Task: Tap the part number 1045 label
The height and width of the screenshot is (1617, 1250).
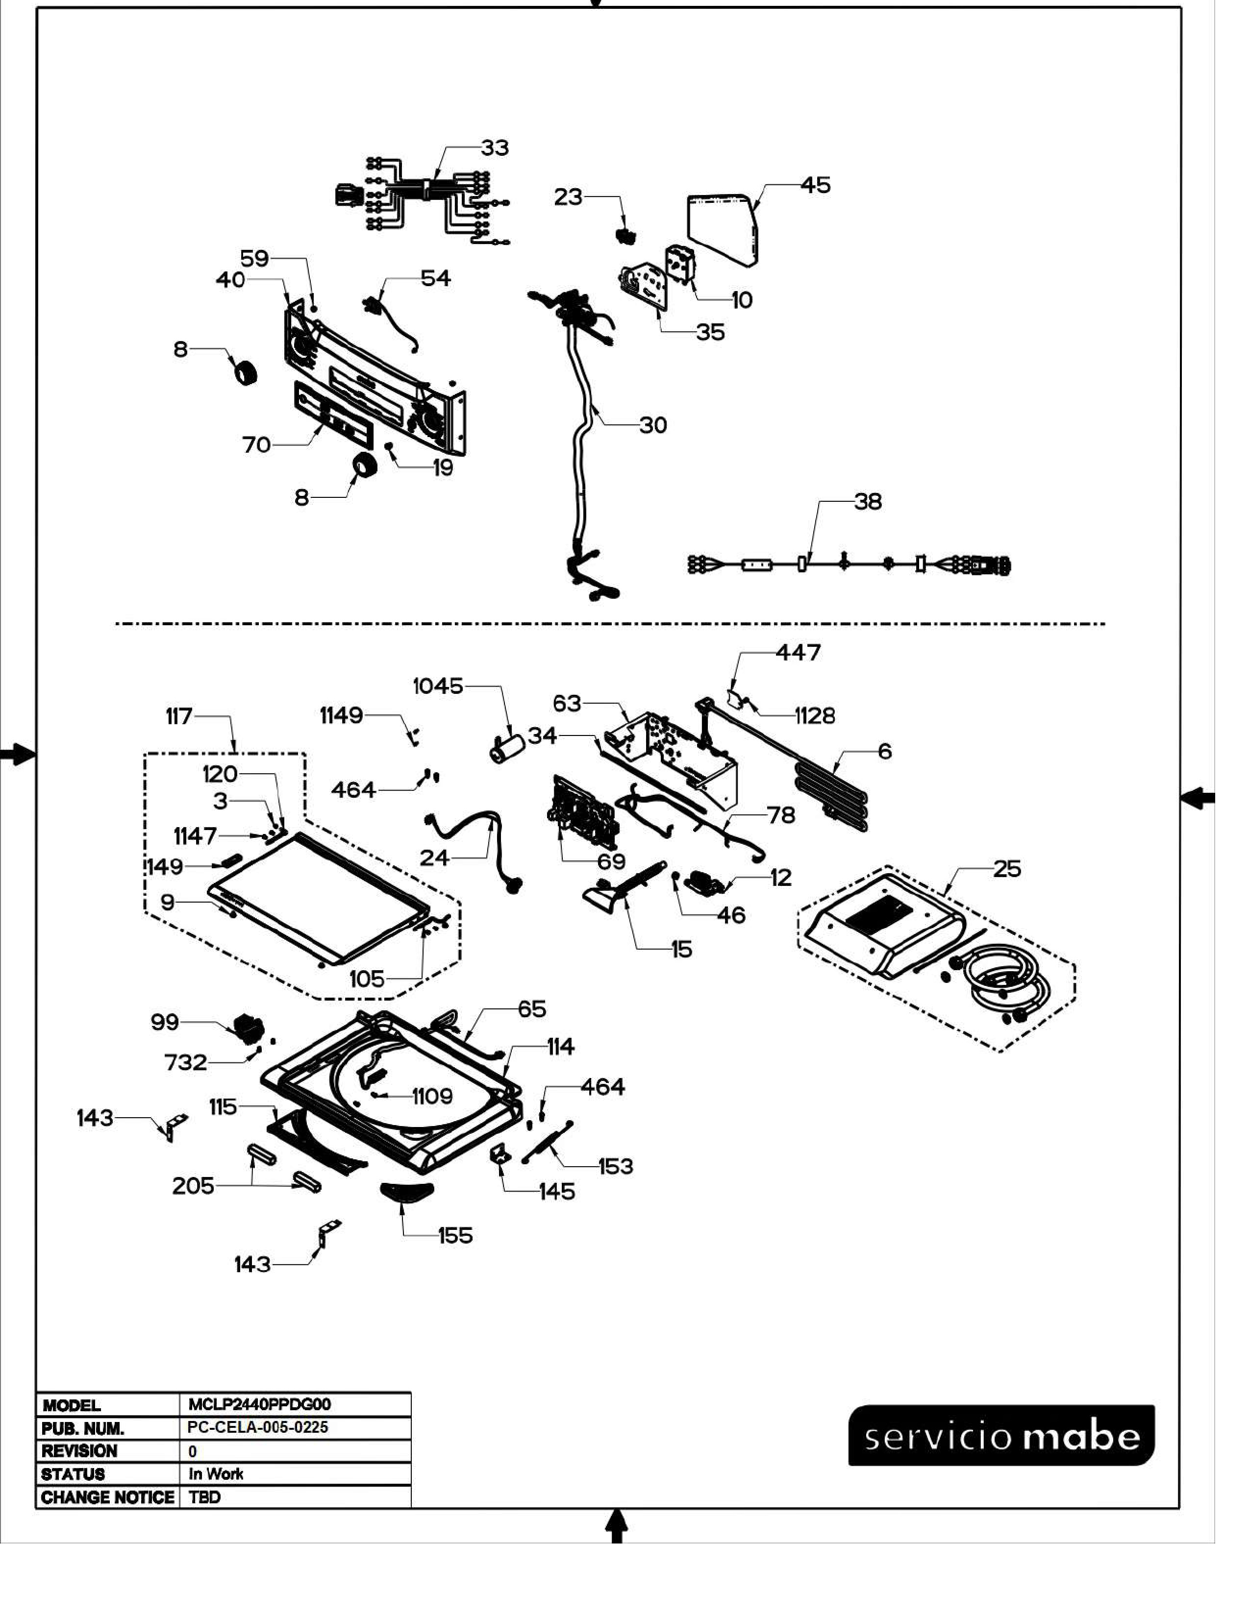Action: click(x=438, y=686)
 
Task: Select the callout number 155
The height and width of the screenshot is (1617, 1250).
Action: click(x=455, y=1236)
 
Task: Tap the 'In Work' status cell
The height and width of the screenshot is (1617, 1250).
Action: click(x=216, y=1473)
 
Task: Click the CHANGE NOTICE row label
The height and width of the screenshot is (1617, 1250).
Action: click(x=108, y=1497)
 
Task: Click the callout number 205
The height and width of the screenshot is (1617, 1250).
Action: click(x=193, y=1186)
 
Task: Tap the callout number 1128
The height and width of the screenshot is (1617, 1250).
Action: click(x=815, y=715)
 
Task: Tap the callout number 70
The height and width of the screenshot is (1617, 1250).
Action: click(x=256, y=445)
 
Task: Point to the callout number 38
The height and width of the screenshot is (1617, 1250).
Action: click(x=868, y=502)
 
